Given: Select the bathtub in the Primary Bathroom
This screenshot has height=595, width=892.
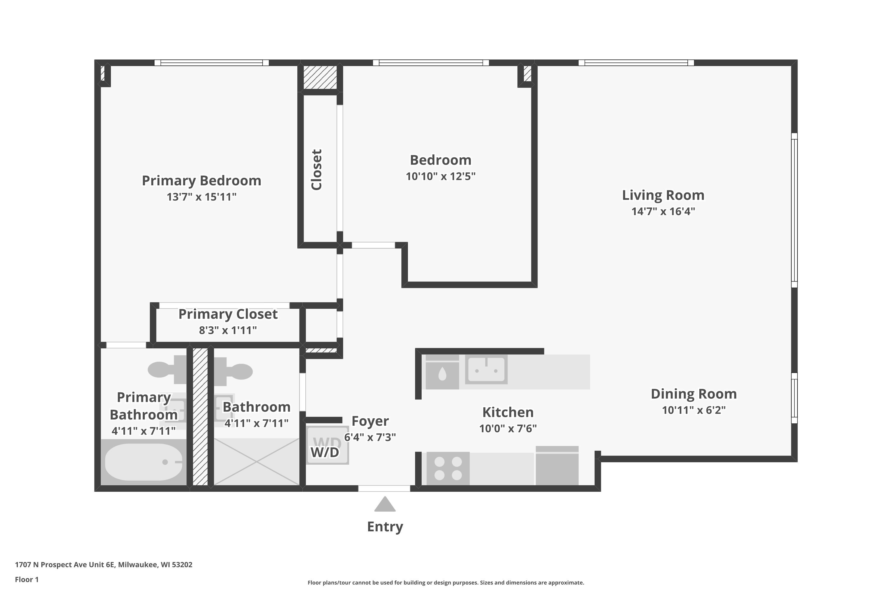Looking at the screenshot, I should pos(143,462).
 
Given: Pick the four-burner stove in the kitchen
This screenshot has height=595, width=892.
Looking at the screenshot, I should pos(447,468).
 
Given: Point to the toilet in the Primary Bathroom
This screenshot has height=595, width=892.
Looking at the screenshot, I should pos(163,369).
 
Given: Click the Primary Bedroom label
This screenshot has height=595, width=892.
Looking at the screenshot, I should pos(201,181).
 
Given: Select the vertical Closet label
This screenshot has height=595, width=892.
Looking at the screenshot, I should pos(316,170).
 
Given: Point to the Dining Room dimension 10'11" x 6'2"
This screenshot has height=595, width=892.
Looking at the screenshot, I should pos(693,410).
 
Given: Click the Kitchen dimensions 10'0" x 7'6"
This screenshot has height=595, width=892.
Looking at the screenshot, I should pos(508,428).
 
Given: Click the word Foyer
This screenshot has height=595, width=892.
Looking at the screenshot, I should pos(370,421).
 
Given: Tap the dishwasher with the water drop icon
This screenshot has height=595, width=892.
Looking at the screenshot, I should pos(442,374).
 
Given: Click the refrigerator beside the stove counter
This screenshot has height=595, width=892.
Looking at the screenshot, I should pos(556,466).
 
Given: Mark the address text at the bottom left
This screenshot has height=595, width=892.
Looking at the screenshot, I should pos(103,565).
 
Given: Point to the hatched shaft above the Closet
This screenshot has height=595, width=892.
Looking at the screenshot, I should pos(320,77).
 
